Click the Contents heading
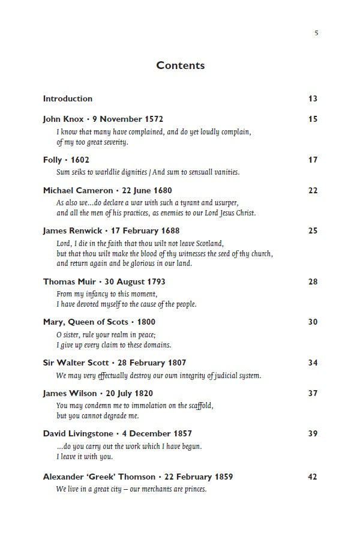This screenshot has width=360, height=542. point(180,65)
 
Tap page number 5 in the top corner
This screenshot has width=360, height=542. point(316,33)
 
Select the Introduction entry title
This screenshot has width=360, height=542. point(68,98)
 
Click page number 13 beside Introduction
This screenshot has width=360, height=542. point(313,98)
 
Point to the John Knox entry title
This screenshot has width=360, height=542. point(103,119)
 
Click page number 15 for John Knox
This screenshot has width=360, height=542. point(313,119)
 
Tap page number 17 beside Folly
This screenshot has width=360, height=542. point(313,160)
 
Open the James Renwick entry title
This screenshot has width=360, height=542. point(111,230)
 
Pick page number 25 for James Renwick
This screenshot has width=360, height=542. point(313,230)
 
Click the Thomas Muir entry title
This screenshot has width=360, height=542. point(104,282)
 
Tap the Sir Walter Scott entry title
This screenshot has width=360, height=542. point(115,363)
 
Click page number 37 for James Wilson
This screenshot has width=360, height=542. point(313,393)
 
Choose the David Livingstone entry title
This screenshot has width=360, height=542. point(118,433)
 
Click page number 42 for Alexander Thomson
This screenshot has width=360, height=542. point(313,477)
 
